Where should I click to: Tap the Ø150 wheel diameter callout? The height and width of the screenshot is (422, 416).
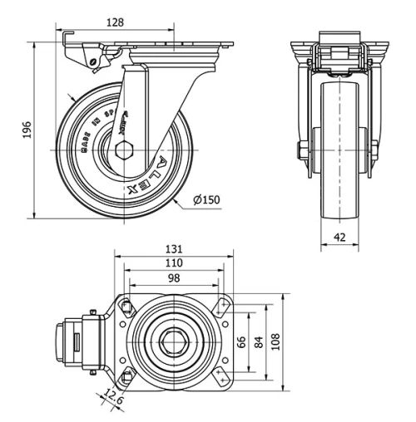(206, 200)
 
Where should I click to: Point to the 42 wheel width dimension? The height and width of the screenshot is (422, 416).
(339, 237)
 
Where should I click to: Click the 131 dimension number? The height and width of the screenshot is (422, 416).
(173, 248)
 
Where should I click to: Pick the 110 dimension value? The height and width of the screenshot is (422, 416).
(173, 263)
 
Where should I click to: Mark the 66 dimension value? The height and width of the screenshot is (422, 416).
(242, 341)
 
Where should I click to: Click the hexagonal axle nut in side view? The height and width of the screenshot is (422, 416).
(122, 151)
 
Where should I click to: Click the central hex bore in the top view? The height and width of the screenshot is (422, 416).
(173, 341)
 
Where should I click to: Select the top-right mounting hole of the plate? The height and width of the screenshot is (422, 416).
(220, 307)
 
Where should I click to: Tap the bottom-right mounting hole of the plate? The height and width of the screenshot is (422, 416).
(220, 376)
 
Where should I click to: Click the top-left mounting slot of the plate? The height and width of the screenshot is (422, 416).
(126, 307)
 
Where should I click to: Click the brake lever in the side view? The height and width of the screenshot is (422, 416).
(83, 58)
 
